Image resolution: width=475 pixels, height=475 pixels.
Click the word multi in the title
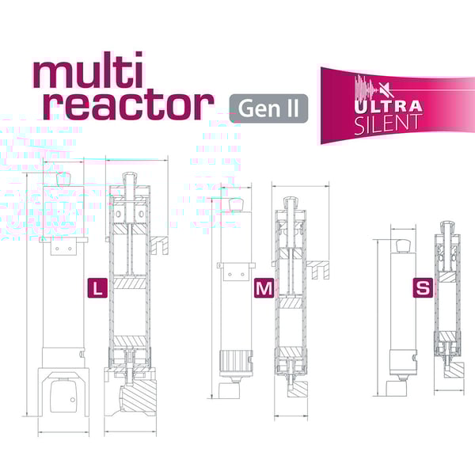click(x=88, y=70)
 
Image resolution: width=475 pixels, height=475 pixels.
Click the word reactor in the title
click(x=128, y=105)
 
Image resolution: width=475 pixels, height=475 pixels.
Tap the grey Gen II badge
click(x=268, y=108)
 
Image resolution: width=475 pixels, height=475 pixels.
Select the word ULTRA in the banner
click(x=388, y=106)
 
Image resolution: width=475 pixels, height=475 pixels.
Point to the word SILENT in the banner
click(x=388, y=124)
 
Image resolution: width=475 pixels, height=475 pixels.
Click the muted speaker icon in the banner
click(x=387, y=89)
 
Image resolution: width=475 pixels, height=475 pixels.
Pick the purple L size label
click(x=97, y=287)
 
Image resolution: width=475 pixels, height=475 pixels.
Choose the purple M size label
click(x=264, y=288)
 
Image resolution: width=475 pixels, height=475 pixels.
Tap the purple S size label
click(x=423, y=287)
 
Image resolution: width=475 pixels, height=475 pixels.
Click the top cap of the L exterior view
click(x=63, y=179)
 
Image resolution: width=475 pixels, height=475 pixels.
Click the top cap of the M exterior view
click(x=236, y=204)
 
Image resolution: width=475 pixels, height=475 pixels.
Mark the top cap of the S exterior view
click(x=403, y=245)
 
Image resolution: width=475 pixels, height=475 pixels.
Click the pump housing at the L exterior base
click(x=63, y=393)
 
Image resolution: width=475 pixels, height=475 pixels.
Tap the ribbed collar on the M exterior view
click(x=236, y=359)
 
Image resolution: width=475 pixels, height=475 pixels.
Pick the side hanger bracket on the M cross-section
click(x=317, y=269)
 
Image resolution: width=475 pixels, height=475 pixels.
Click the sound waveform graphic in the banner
click(x=367, y=89)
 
